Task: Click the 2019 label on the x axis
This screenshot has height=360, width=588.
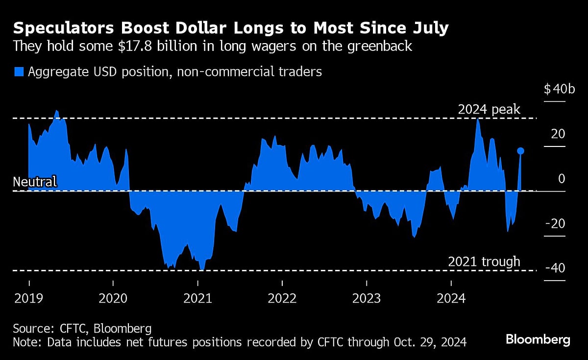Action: [28, 298]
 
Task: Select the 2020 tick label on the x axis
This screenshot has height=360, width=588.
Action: [113, 298]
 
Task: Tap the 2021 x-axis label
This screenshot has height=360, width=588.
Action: [197, 298]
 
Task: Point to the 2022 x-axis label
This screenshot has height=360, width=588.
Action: [282, 298]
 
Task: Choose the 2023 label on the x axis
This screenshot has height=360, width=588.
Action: [367, 298]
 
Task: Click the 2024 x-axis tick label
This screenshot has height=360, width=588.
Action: [451, 298]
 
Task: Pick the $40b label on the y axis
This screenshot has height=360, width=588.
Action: [555, 90]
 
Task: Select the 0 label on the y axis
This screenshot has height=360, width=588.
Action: [562, 179]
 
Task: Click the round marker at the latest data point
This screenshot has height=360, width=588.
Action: [520, 151]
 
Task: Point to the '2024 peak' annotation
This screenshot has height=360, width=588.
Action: [489, 110]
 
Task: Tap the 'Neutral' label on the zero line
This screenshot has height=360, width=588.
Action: [35, 182]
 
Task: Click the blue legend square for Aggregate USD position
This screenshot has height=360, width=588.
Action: [19, 72]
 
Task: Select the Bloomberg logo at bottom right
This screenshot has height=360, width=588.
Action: [538, 339]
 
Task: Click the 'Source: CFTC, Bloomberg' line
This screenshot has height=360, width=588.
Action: [82, 328]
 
